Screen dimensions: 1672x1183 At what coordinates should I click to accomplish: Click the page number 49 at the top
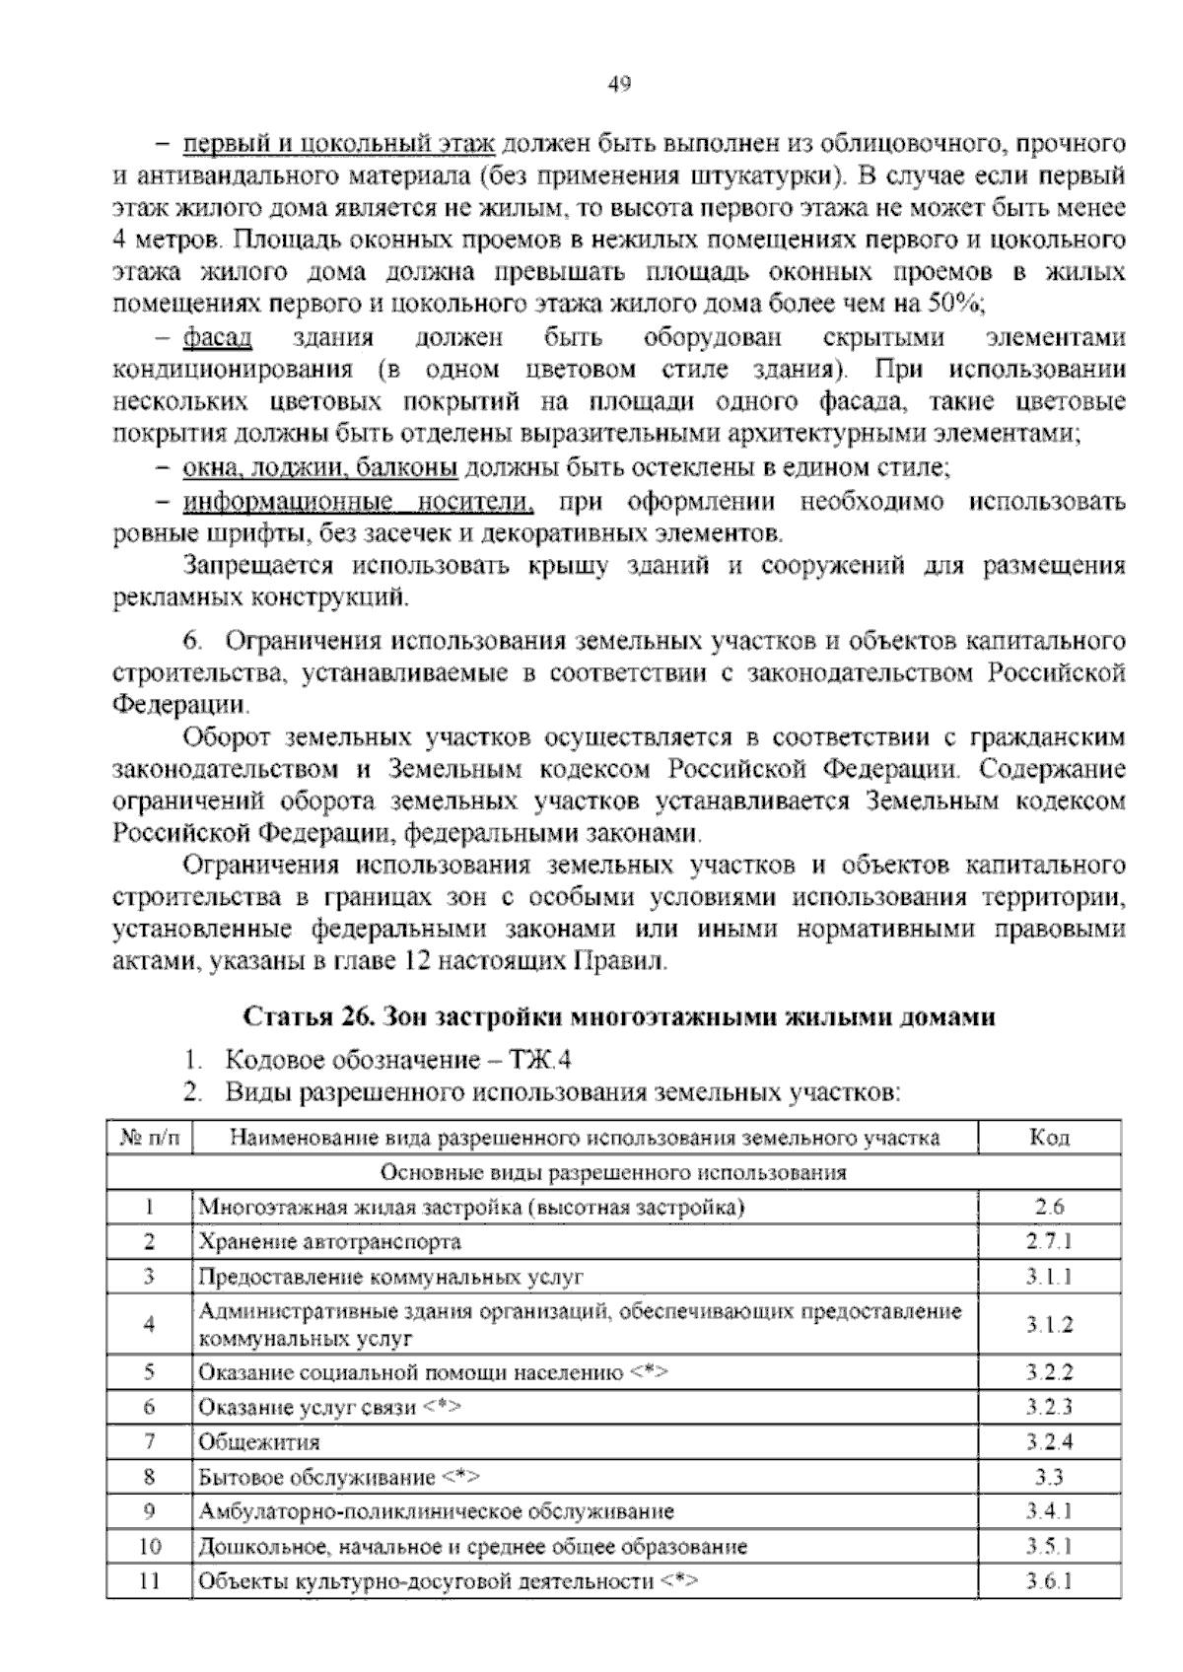click(618, 84)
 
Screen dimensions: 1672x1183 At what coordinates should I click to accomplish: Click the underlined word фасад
click(217, 338)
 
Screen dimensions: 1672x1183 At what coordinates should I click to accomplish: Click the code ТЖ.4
click(540, 1061)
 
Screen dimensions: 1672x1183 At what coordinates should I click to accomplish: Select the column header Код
click(1049, 1138)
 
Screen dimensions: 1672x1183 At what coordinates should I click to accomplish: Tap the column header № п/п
click(150, 1138)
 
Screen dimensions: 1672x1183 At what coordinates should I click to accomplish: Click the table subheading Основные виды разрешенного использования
click(613, 1172)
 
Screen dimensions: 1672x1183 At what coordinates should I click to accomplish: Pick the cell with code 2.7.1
click(1049, 1241)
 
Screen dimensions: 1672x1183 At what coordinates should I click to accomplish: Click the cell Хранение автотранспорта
click(329, 1241)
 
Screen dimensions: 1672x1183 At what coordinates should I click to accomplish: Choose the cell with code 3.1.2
click(1049, 1325)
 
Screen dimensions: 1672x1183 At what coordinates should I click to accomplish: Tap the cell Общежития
click(259, 1442)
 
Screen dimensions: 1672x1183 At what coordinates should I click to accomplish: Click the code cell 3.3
click(1049, 1477)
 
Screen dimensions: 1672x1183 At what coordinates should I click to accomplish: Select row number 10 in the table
click(150, 1546)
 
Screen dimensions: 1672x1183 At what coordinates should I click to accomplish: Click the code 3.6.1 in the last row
click(1049, 1581)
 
